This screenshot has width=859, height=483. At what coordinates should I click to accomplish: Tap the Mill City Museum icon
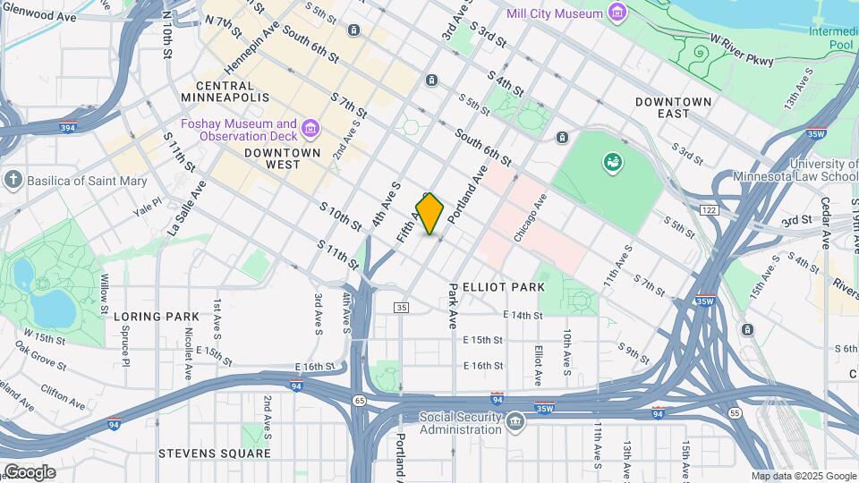pos(617,13)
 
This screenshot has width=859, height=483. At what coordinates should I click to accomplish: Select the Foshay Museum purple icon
pos(310,130)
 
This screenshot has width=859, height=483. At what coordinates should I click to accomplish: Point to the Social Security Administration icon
pos(515,421)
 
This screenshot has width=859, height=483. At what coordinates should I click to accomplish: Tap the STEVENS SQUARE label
pos(214,453)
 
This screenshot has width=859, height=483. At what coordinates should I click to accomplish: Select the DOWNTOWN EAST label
pos(674,107)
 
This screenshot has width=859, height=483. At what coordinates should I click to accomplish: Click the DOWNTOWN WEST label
pos(282,153)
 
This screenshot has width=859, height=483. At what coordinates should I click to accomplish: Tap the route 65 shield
pos(358,400)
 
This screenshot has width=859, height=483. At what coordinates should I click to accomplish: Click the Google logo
pos(30,471)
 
